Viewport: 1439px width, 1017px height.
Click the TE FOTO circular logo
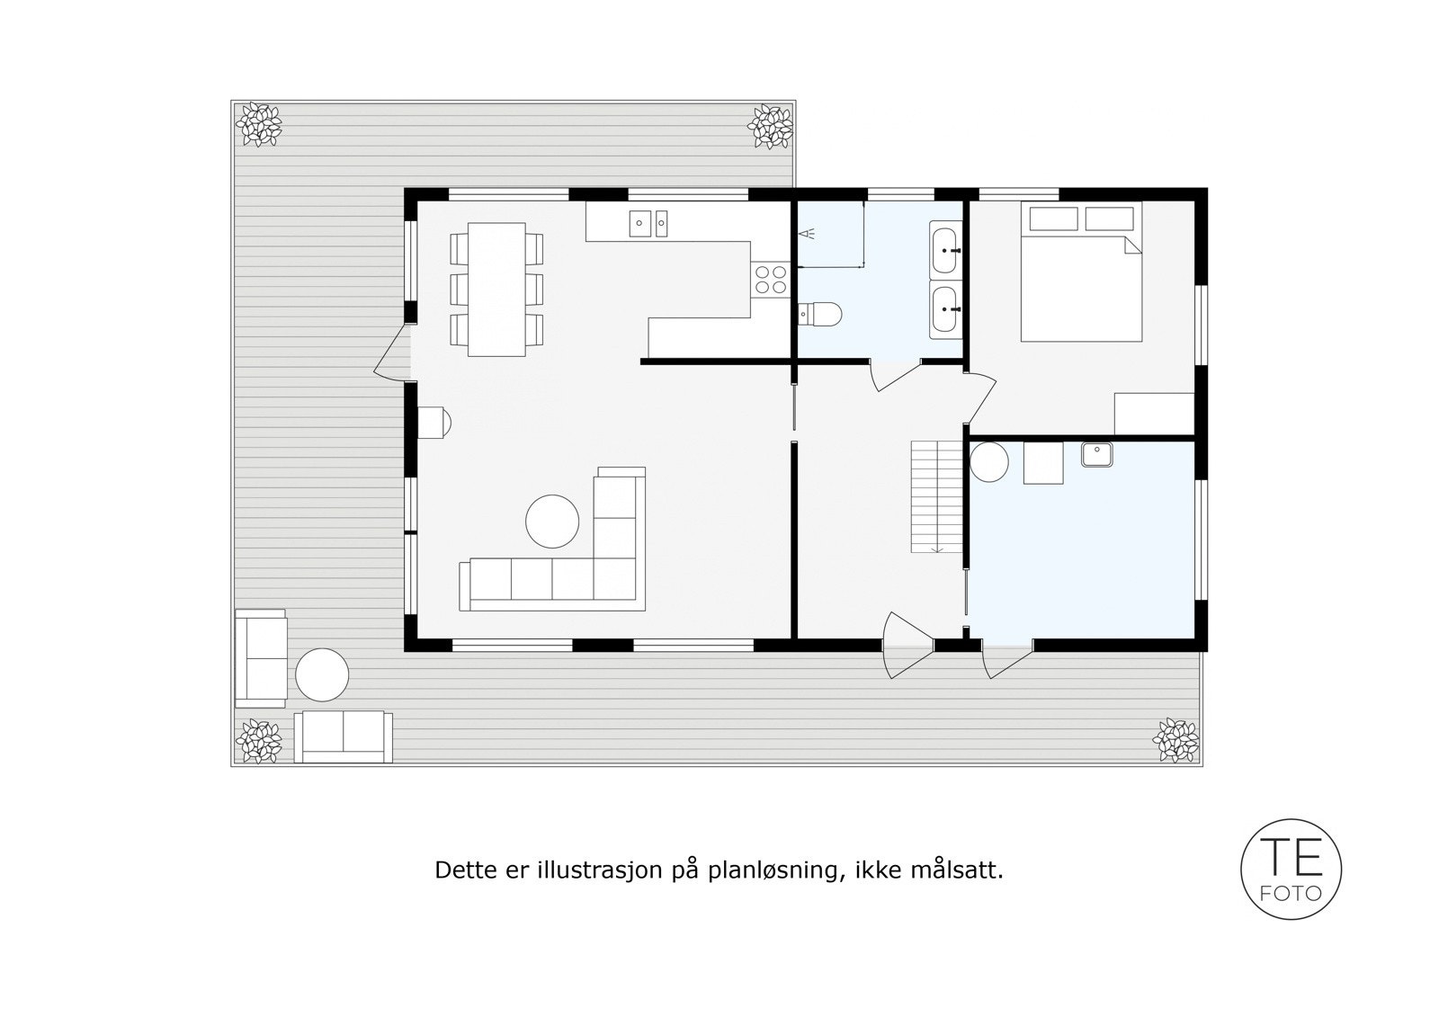click(x=1291, y=869)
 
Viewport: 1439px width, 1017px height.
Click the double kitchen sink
click(x=649, y=221)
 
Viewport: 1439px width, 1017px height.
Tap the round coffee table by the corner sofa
click(x=552, y=522)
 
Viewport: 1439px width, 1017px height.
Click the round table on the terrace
click(x=322, y=674)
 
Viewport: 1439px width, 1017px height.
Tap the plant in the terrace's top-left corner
click(x=258, y=125)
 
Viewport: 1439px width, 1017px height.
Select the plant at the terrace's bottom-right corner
click(x=1175, y=740)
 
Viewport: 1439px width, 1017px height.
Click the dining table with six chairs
click(x=497, y=289)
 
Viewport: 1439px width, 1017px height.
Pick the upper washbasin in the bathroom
click(x=944, y=250)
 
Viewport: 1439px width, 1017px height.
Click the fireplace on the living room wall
click(x=433, y=422)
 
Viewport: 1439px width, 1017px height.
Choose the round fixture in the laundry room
click(x=990, y=462)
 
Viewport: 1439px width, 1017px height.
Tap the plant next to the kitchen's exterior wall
click(x=772, y=127)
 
